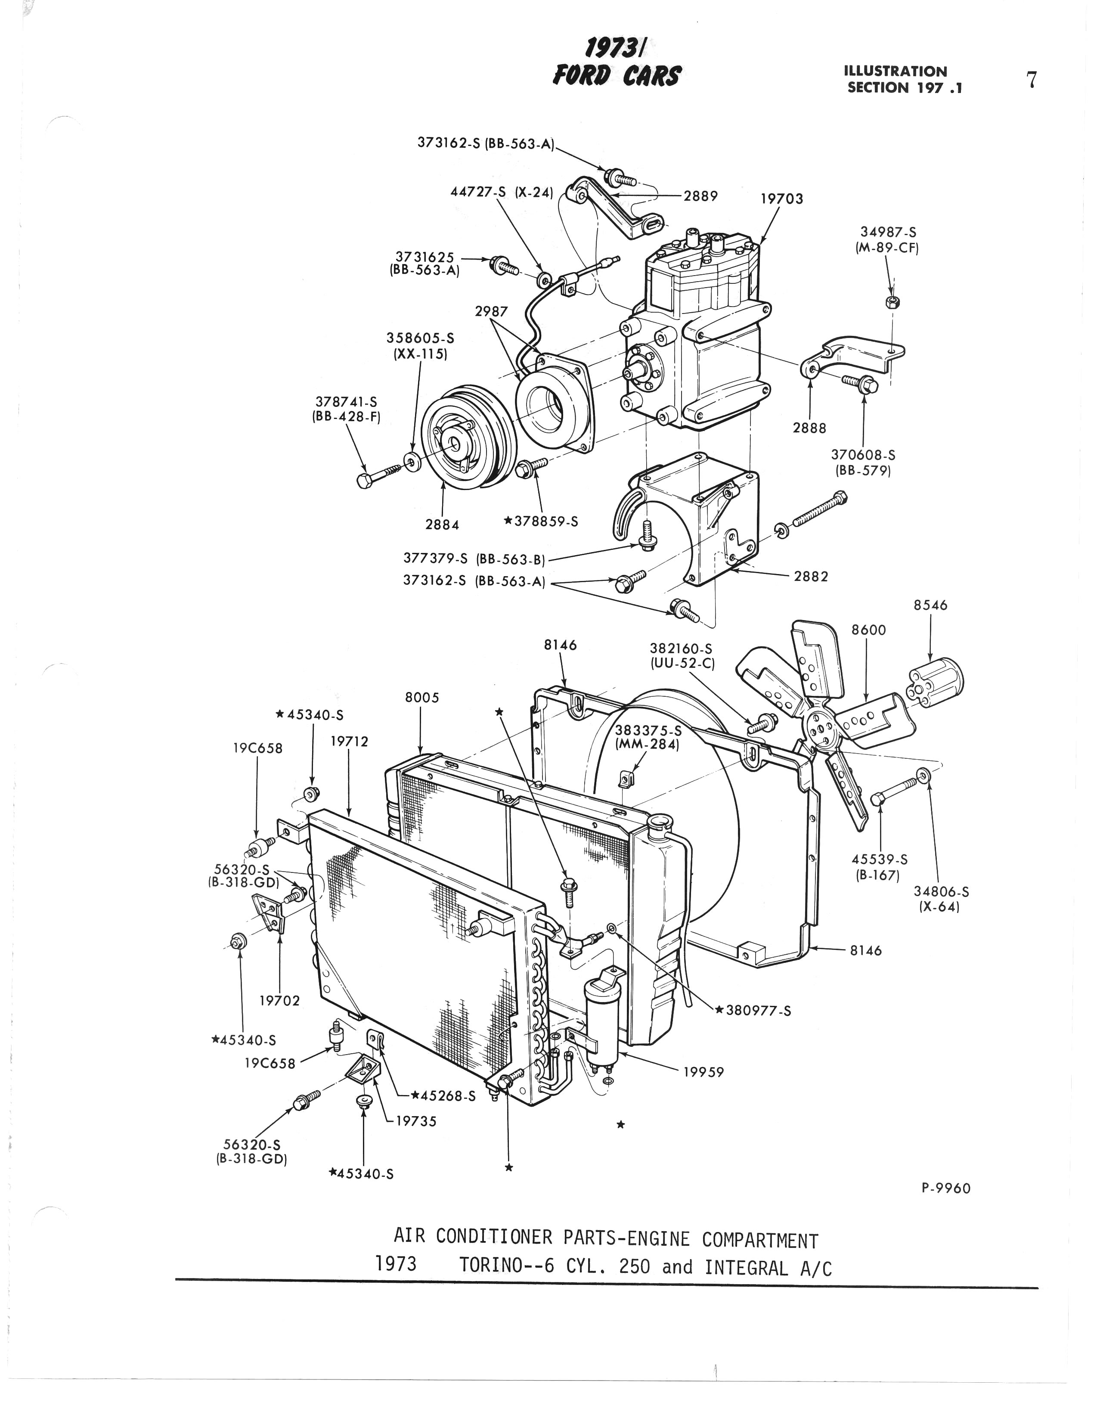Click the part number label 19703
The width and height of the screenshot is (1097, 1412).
(781, 199)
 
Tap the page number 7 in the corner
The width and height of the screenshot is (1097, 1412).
(1032, 80)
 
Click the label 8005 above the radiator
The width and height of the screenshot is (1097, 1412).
(421, 698)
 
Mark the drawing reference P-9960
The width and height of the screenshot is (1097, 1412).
(946, 1189)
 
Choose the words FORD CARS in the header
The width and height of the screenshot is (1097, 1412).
(616, 76)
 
